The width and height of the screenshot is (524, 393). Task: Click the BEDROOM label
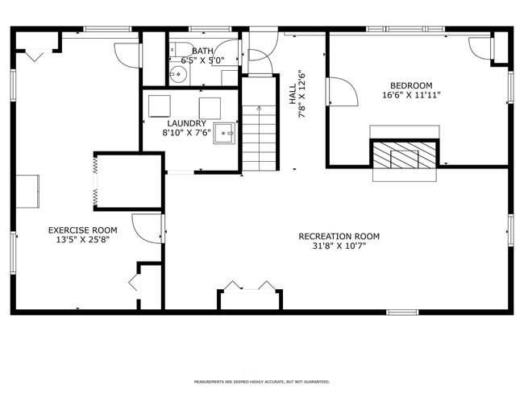click(411, 85)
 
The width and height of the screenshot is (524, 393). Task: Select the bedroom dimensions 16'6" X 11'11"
click(411, 95)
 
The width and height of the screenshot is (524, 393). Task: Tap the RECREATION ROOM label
click(339, 237)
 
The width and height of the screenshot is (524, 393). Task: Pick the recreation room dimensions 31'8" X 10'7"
click(339, 246)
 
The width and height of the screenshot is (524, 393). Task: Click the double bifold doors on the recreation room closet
click(250, 288)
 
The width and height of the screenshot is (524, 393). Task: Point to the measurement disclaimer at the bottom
click(261, 382)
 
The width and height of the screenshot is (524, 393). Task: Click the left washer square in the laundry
click(160, 105)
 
